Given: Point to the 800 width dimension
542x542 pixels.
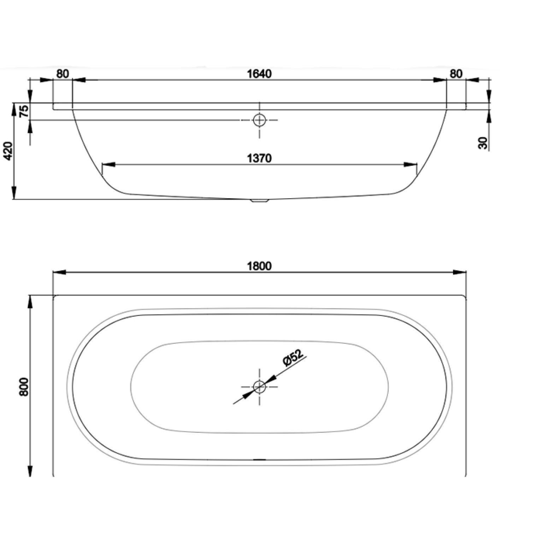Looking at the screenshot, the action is point(24,387).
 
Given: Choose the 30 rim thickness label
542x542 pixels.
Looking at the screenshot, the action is point(483,143).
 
